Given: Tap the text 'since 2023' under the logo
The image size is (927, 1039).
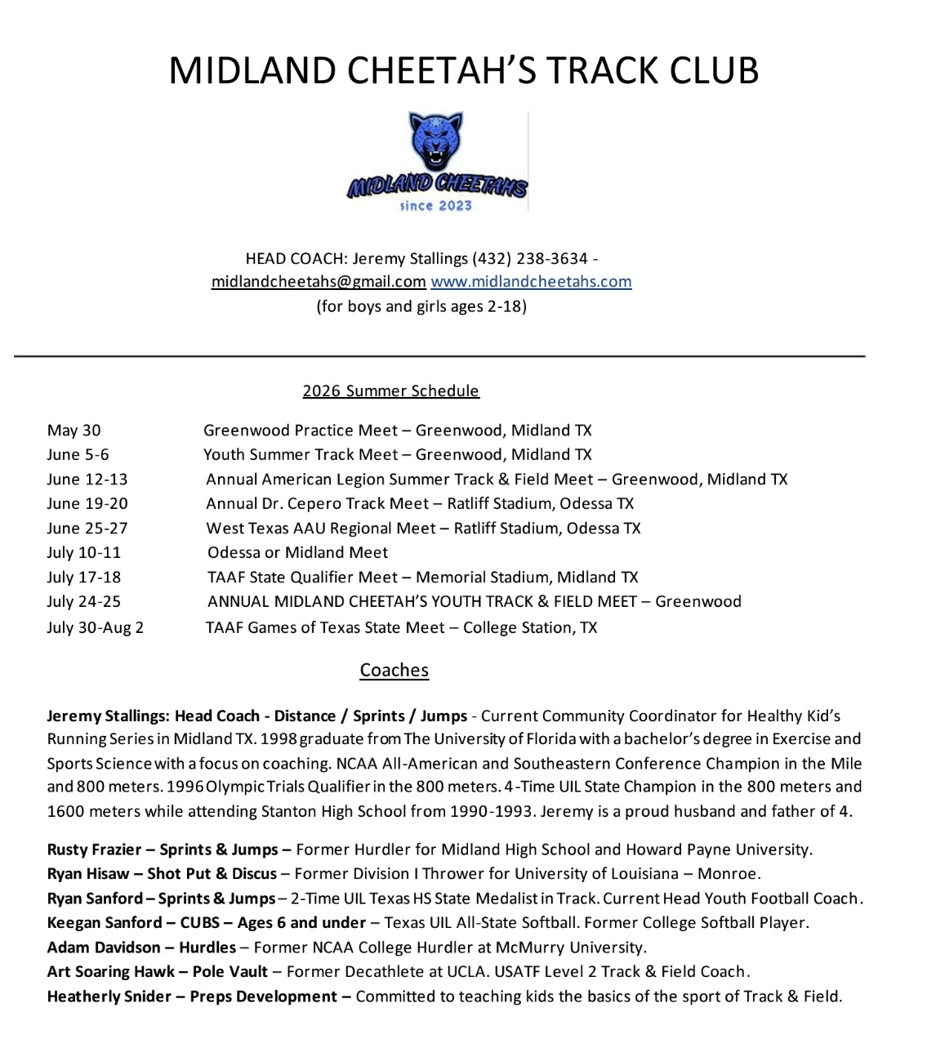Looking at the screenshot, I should (435, 206).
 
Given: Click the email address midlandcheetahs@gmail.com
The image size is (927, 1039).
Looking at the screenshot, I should (319, 282).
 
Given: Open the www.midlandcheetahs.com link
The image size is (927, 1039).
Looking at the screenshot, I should (531, 282).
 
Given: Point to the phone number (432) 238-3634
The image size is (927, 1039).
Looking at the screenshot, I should (530, 259).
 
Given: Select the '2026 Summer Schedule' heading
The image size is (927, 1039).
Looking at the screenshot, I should (390, 390).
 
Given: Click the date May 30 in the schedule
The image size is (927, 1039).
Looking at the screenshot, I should (74, 430).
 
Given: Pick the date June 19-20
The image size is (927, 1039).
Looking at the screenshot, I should (87, 504).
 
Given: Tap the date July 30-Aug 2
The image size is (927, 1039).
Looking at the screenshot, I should (95, 627).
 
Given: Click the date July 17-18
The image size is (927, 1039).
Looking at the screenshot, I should (84, 577).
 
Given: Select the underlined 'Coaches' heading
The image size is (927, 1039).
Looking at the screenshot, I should (394, 670).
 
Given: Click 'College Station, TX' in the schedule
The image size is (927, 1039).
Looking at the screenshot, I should (530, 627).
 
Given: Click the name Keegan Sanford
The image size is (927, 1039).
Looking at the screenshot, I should (105, 923).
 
